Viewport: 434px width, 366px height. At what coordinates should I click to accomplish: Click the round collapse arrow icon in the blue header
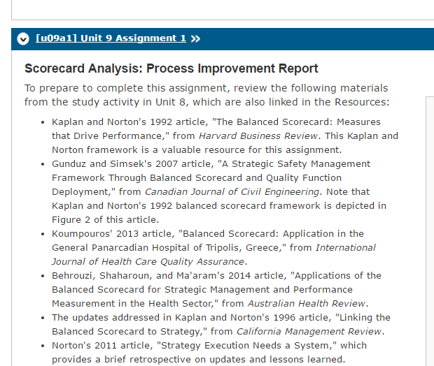pyautogui.click(x=23, y=38)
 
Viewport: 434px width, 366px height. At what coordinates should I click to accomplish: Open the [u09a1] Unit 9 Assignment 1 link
pyautogui.click(x=111, y=38)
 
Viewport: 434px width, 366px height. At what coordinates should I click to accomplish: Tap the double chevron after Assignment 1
pyautogui.click(x=195, y=38)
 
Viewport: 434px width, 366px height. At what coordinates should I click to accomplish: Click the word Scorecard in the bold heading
pyautogui.click(x=55, y=68)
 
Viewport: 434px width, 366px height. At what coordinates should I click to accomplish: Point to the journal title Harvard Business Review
pyautogui.click(x=258, y=136)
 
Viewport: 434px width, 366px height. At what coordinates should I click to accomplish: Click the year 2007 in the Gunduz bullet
pyautogui.click(x=167, y=164)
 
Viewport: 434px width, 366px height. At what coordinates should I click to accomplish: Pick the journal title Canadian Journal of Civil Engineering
pyautogui.click(x=232, y=191)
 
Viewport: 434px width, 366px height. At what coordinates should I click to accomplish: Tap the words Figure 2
pyautogui.click(x=71, y=219)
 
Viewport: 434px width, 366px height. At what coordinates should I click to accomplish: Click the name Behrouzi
pyautogui.click(x=73, y=276)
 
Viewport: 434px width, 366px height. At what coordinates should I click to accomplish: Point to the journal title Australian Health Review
pyautogui.click(x=307, y=304)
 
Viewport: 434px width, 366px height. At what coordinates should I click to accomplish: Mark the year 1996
pyautogui.click(x=284, y=318)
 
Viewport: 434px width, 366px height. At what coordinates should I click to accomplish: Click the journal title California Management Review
pyautogui.click(x=309, y=332)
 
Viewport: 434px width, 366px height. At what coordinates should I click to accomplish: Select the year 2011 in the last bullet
pyautogui.click(x=106, y=346)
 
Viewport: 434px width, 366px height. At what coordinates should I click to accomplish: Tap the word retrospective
pyautogui.click(x=160, y=360)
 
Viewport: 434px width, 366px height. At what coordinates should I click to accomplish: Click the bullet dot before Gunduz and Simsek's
pyautogui.click(x=43, y=164)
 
